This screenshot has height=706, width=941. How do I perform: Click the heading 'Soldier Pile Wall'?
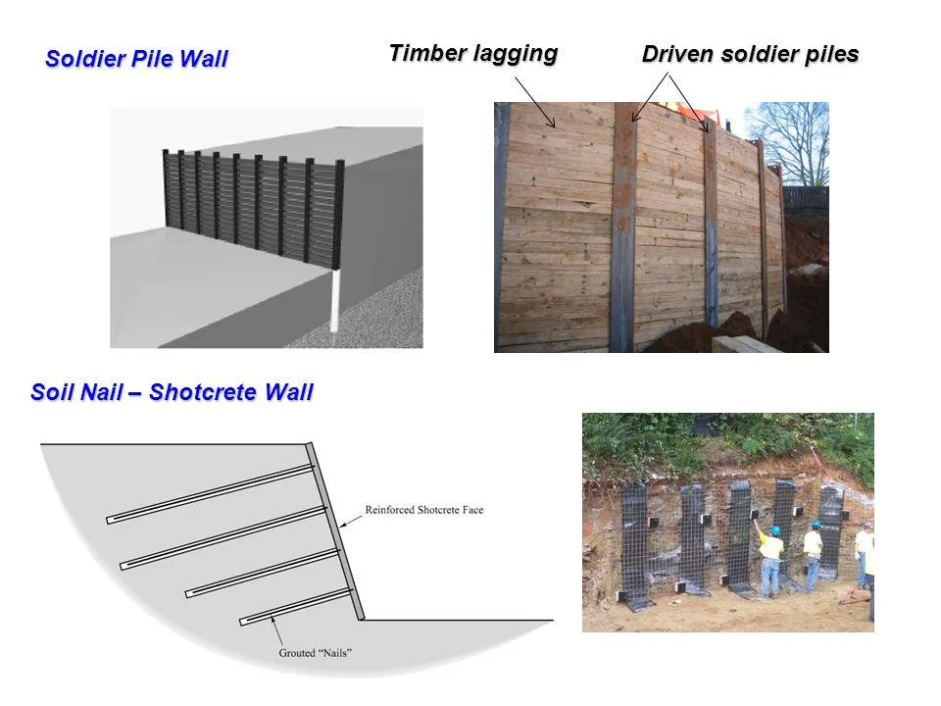click(x=136, y=59)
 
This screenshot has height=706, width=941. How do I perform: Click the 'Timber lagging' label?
click(x=473, y=53)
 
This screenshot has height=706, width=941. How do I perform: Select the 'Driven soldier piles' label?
click(x=750, y=54)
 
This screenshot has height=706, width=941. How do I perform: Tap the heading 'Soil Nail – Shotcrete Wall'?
click(x=172, y=392)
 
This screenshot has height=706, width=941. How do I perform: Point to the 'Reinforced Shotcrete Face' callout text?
click(x=424, y=510)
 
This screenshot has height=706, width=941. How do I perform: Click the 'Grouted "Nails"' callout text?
click(x=315, y=653)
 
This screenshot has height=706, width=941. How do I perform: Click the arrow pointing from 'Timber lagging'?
click(x=535, y=101)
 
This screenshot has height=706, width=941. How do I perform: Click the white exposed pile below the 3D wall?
click(x=333, y=300)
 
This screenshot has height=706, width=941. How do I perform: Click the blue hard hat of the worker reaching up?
click(x=774, y=530)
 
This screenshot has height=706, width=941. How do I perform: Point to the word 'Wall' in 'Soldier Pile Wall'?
click(x=204, y=59)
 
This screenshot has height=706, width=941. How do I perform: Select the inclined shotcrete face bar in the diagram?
click(x=335, y=531)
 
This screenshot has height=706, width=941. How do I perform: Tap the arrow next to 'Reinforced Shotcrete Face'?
click(x=351, y=521)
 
